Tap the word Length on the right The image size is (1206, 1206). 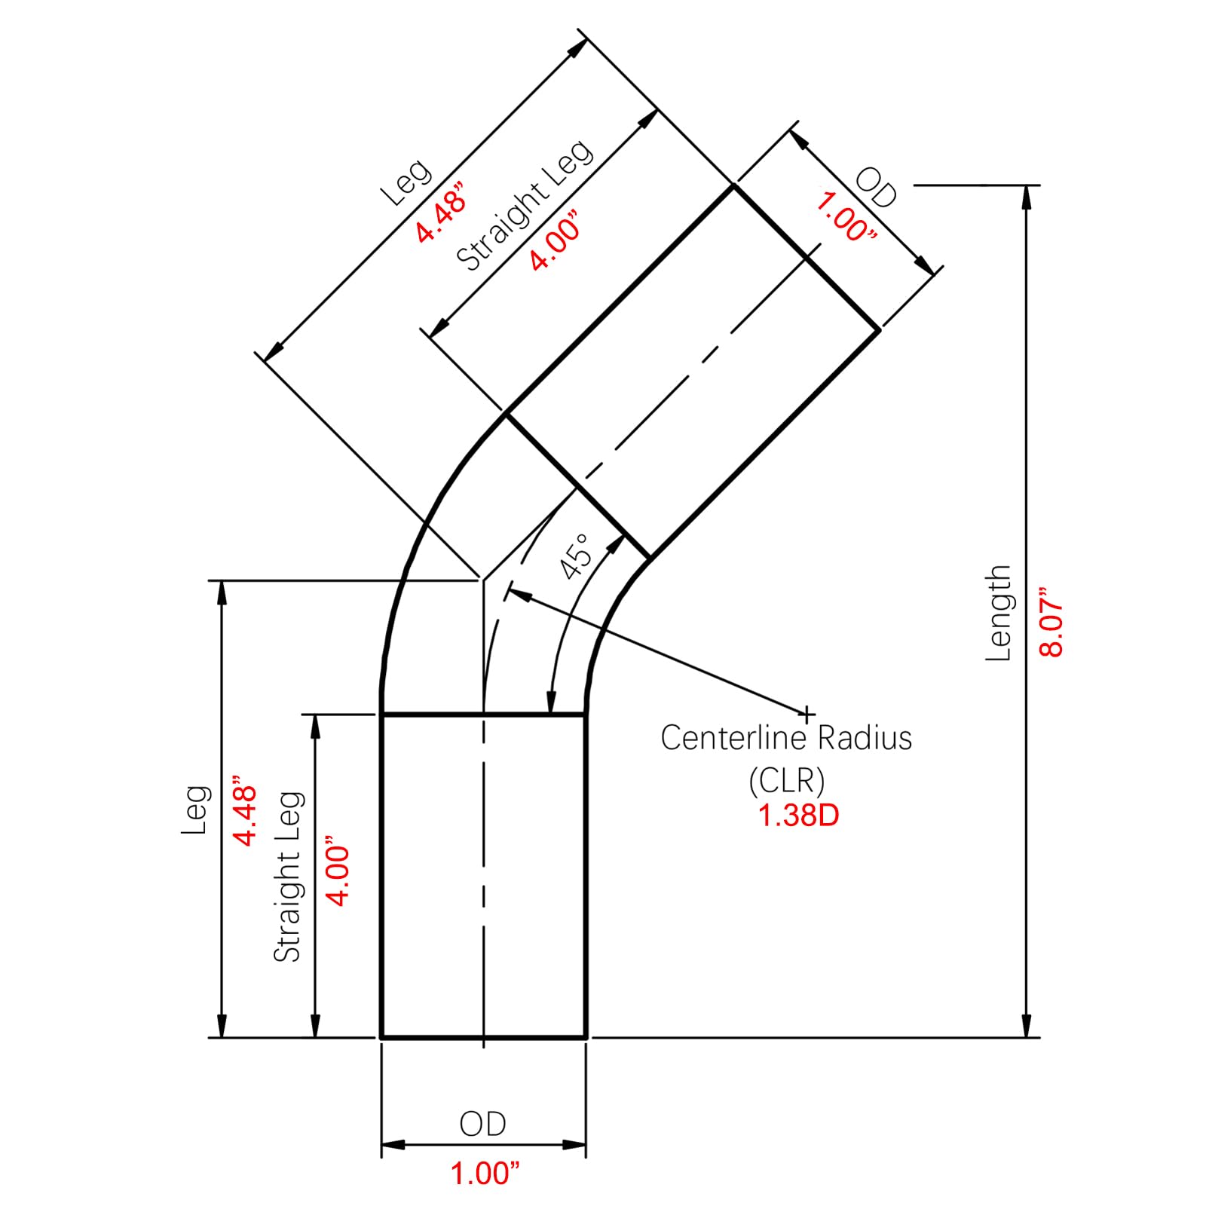tap(998, 613)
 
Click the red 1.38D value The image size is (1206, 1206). tap(798, 815)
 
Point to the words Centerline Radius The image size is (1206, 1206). tap(786, 738)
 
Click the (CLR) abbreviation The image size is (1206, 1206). tap(786, 780)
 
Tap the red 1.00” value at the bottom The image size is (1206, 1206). tap(485, 1173)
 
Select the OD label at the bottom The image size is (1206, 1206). tap(482, 1124)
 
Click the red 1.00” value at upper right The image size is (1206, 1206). tap(846, 217)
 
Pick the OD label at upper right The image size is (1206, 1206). tap(876, 188)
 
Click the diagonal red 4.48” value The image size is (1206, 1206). tap(442, 212)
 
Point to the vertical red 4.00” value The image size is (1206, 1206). tap(338, 870)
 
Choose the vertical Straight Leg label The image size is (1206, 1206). tap(287, 877)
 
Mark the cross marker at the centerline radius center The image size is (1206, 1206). tap(807, 713)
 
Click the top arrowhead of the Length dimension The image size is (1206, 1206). tap(1026, 197)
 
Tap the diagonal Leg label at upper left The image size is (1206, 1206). tap(406, 182)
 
